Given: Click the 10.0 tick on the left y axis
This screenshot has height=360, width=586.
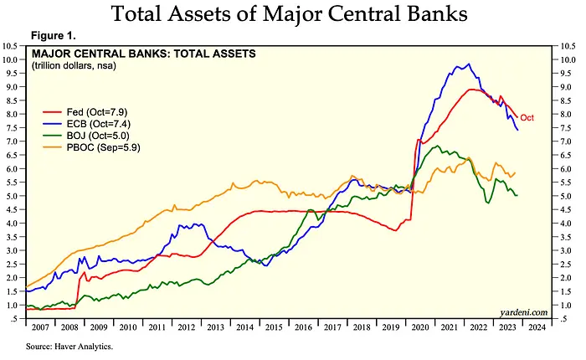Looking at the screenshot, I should (14, 60).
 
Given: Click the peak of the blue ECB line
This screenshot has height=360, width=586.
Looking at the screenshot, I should (468, 64).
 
